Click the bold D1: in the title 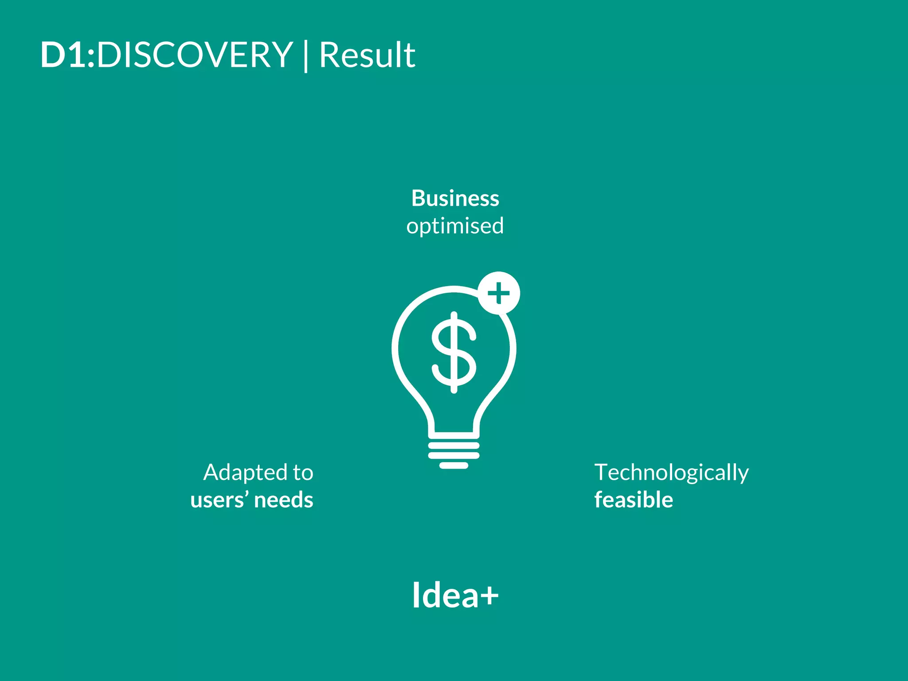pyautogui.click(x=67, y=55)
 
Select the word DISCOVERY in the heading pyautogui.click(x=195, y=55)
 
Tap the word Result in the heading pyautogui.click(x=367, y=55)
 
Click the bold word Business pyautogui.click(x=455, y=198)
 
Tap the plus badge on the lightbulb pyautogui.click(x=499, y=293)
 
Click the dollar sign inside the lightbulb pyautogui.click(x=454, y=352)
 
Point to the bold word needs pyautogui.click(x=284, y=500)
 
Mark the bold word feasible pyautogui.click(x=634, y=500)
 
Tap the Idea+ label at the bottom pyautogui.click(x=455, y=595)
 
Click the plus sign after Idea pyautogui.click(x=489, y=595)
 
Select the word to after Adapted pyautogui.click(x=303, y=473)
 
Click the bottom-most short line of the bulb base pyautogui.click(x=454, y=466)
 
